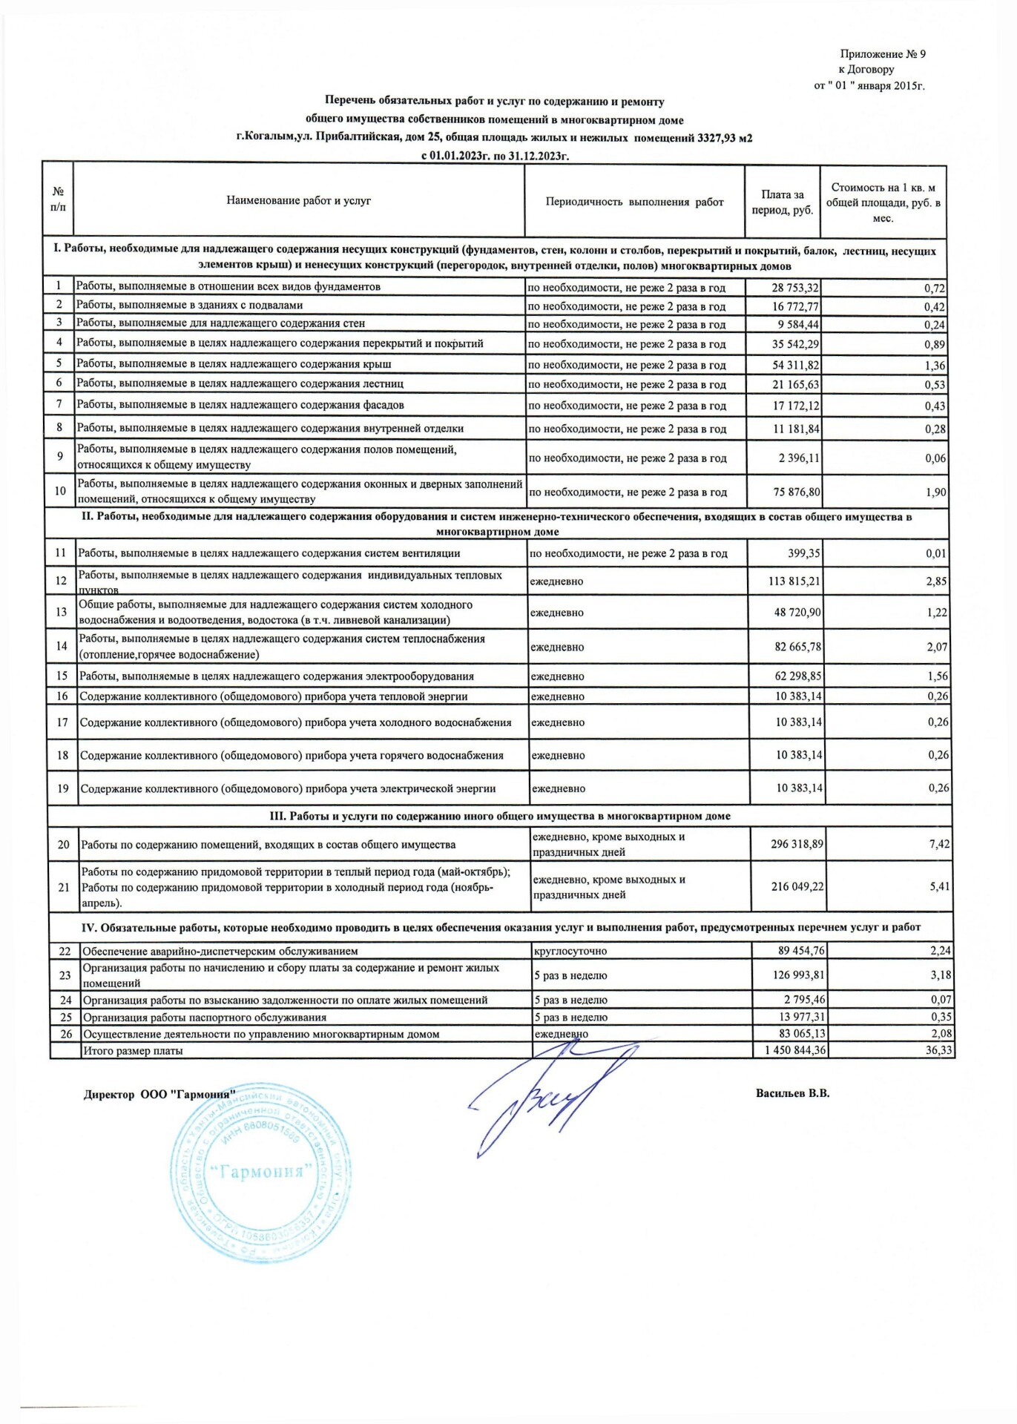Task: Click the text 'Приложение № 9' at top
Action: click(x=882, y=54)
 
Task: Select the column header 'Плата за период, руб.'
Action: click(x=782, y=202)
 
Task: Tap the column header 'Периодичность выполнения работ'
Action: click(x=634, y=202)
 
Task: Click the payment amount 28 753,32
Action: click(x=794, y=288)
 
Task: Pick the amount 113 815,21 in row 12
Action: click(x=794, y=581)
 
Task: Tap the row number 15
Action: click(x=62, y=676)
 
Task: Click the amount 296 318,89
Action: click(x=797, y=844)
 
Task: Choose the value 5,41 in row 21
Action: click(x=939, y=886)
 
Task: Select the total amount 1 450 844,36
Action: click(x=794, y=1050)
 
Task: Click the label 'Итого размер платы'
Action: click(x=133, y=1051)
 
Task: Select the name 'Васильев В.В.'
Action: click(x=792, y=1093)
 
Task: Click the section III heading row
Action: click(x=499, y=816)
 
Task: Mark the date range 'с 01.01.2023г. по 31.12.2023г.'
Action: click(x=495, y=156)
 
